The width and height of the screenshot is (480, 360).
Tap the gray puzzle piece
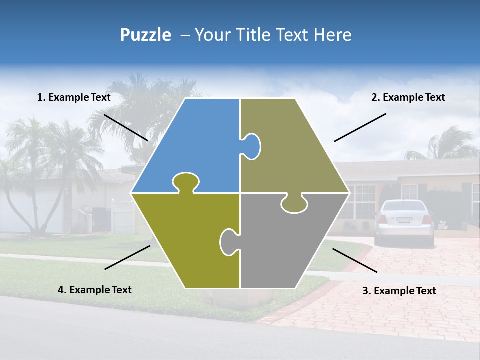coord(285,245)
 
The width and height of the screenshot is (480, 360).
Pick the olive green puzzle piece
coord(190,240)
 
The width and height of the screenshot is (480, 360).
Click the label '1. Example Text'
coord(74,98)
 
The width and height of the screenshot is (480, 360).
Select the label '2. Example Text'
coord(408,98)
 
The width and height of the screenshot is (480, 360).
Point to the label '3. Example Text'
coord(399,291)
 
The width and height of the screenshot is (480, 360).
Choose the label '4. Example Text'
coord(95,290)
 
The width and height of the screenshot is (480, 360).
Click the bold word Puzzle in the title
coord(145,35)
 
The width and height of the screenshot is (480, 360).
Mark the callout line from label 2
coord(360,127)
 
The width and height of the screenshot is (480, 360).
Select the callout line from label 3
coord(355,260)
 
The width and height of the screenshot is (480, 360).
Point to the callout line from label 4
coord(127,257)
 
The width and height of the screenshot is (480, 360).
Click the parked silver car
coord(404,222)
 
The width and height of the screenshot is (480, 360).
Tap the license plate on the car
coord(404,220)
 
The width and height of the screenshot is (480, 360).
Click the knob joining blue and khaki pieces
coord(251,146)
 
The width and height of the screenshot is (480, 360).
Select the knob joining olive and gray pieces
coord(229,242)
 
